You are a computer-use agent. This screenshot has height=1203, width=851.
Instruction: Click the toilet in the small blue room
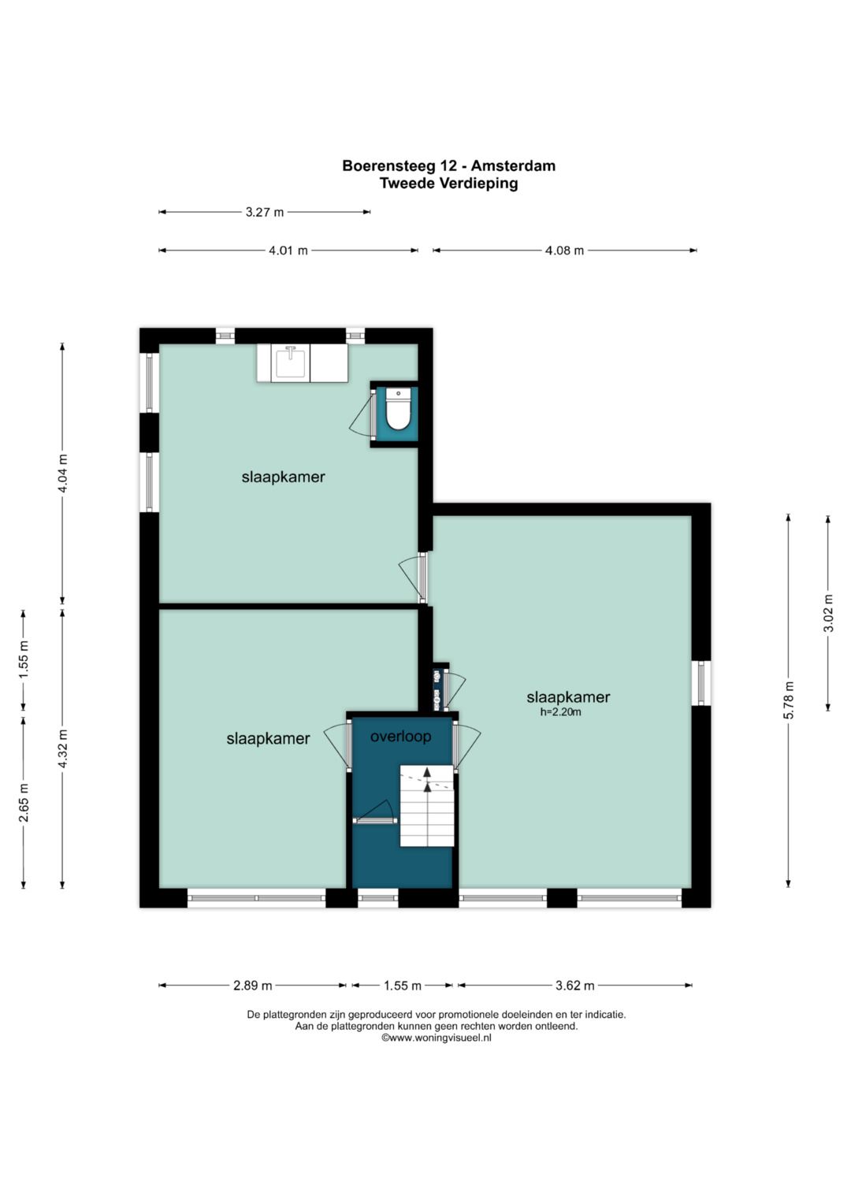coord(398,410)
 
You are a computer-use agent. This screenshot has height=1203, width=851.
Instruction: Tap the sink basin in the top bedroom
coord(292,364)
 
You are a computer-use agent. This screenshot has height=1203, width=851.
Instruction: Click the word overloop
coord(401,737)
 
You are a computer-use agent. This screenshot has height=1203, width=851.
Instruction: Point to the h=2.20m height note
coord(561,713)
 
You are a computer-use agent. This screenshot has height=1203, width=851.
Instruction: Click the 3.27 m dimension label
coord(264,212)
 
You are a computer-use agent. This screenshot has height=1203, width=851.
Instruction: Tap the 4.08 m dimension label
coord(564,251)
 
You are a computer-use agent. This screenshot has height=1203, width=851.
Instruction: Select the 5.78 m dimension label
coord(788,700)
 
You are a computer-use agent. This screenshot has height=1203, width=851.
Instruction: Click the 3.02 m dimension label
coord(828,613)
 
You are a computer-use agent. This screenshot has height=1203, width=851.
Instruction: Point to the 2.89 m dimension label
coord(252,986)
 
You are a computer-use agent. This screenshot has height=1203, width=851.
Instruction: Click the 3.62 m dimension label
coord(575,986)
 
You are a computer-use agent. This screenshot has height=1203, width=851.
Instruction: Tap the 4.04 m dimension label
coord(63,473)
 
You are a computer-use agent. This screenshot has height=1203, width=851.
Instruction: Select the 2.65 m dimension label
coord(24,803)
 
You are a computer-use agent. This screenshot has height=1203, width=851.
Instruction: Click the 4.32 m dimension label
coord(63,748)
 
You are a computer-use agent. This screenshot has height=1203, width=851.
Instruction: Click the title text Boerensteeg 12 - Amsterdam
coord(448,165)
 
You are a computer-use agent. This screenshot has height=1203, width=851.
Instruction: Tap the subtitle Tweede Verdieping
coord(448,183)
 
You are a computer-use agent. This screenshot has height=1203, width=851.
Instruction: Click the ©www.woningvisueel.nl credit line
coord(437,1038)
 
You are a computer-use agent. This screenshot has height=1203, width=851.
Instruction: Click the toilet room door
coord(372,414)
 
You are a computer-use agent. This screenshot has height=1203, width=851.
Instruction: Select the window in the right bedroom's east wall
coord(701,682)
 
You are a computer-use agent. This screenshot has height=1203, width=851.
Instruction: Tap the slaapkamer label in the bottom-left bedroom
coord(268,738)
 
